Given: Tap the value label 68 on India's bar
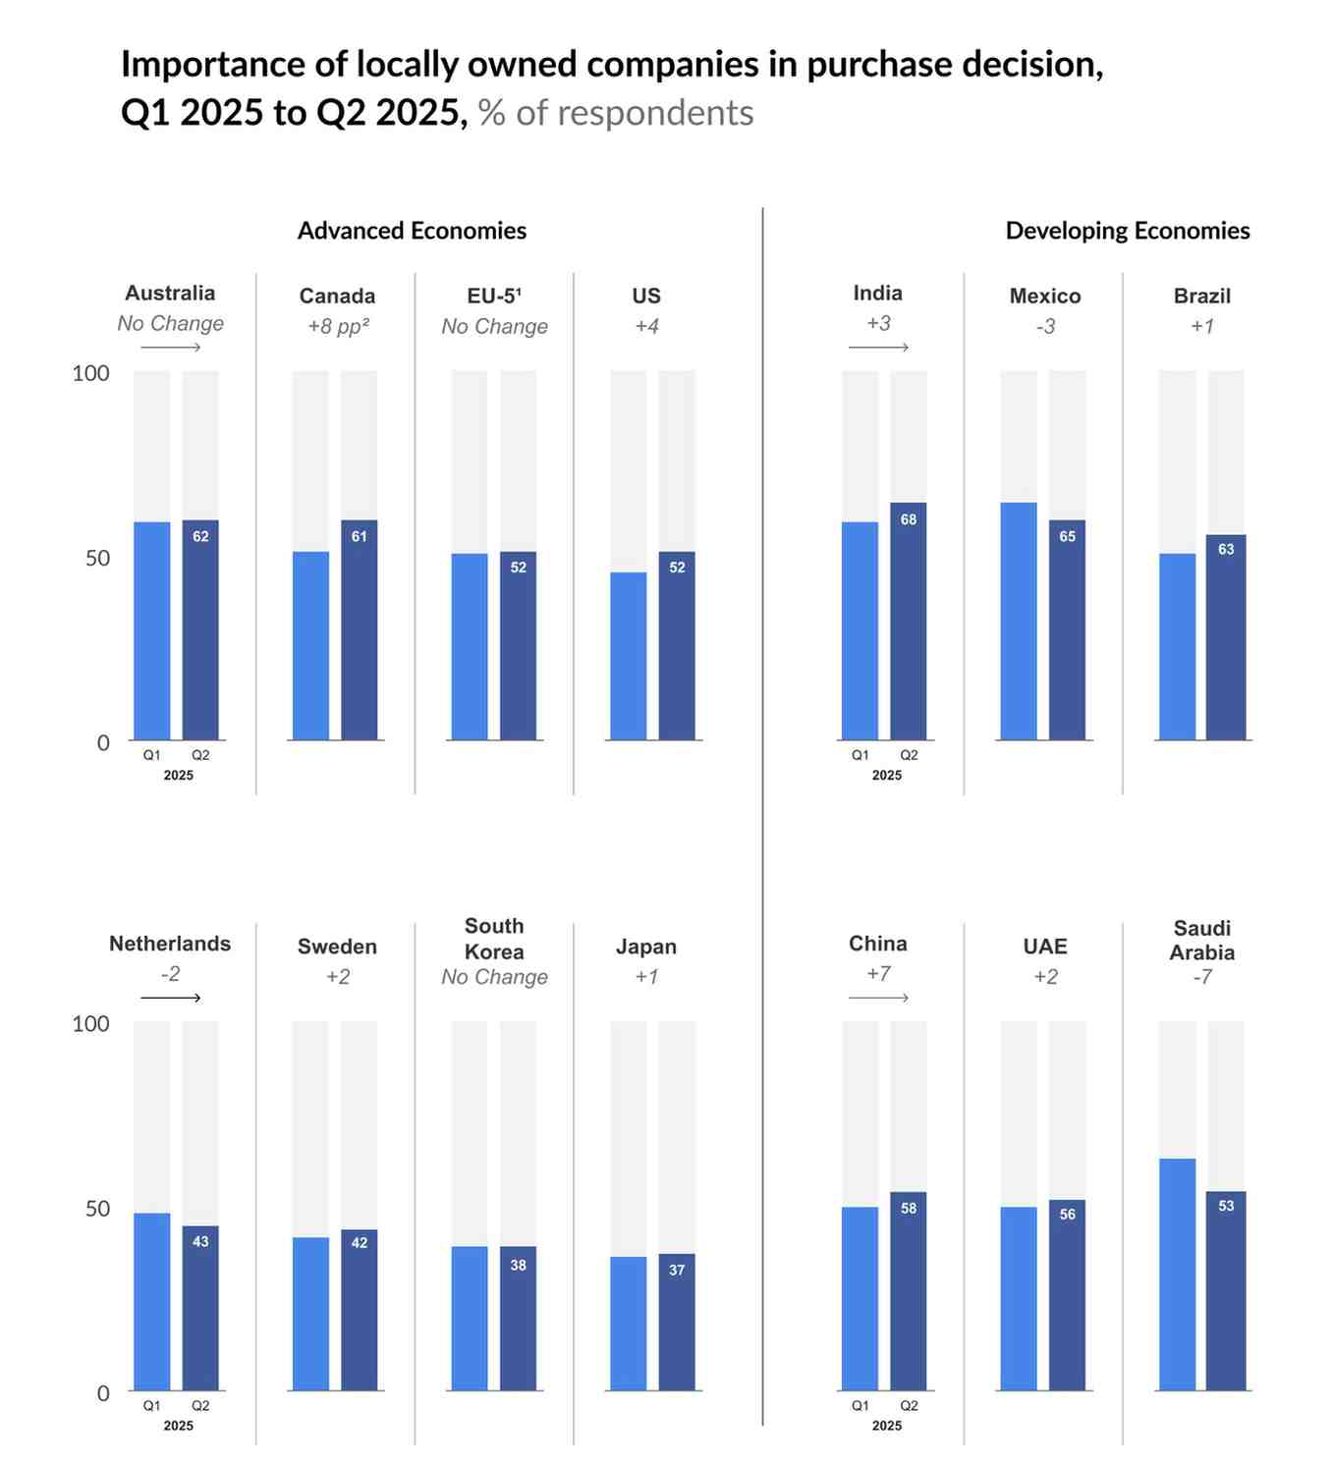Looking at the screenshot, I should [908, 519].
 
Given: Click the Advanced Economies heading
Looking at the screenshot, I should [412, 231].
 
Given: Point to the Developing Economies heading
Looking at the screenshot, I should [1127, 231].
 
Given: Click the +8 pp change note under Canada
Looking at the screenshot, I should [338, 326].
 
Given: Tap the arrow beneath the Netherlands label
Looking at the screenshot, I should [170, 998].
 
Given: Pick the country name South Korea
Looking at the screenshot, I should [494, 939].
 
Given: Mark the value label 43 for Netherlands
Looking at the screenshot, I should [200, 1241].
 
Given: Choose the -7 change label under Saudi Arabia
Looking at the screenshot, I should [1202, 977].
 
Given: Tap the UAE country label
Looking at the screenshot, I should [1045, 947].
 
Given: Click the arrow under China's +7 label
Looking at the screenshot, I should [878, 998].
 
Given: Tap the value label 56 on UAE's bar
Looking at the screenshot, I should [1067, 1215].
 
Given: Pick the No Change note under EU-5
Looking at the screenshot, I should [494, 326].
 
